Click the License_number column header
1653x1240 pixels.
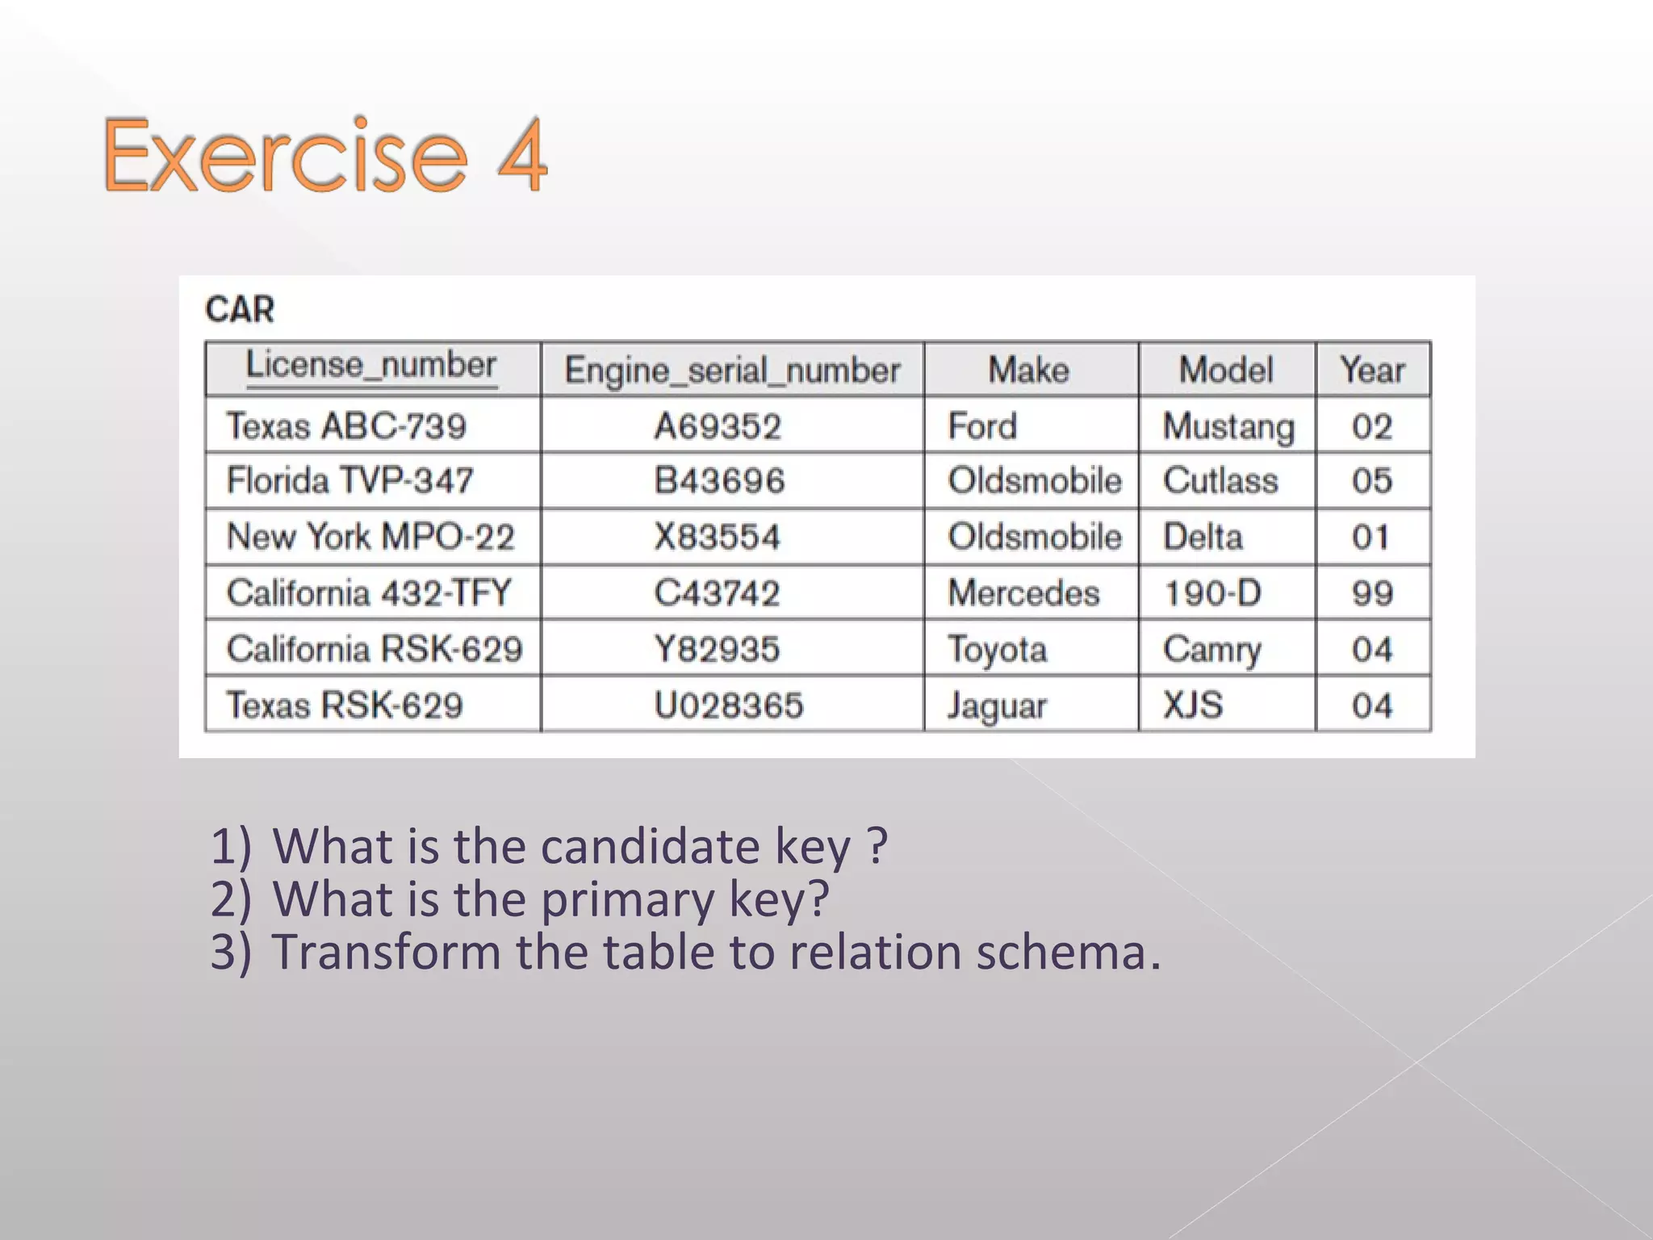click(x=371, y=366)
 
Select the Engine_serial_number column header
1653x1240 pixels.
click(x=732, y=371)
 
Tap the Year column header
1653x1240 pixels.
click(x=1372, y=370)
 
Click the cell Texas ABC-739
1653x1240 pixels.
click(x=346, y=426)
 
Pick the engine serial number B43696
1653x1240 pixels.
click(x=719, y=481)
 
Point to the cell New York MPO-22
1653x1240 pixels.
click(x=370, y=537)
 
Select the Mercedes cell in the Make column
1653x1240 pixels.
click(x=1023, y=593)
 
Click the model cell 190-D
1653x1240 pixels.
click(x=1212, y=593)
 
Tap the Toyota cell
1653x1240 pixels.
click(x=998, y=650)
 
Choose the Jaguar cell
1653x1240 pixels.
click(x=998, y=706)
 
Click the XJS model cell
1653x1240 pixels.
click(x=1193, y=706)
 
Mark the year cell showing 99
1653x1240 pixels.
click(x=1372, y=593)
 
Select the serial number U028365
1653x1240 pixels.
click(x=729, y=706)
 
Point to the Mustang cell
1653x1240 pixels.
click(x=1228, y=427)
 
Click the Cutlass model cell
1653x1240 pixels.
click(x=1220, y=481)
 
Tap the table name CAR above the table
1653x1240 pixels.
click(x=240, y=309)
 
